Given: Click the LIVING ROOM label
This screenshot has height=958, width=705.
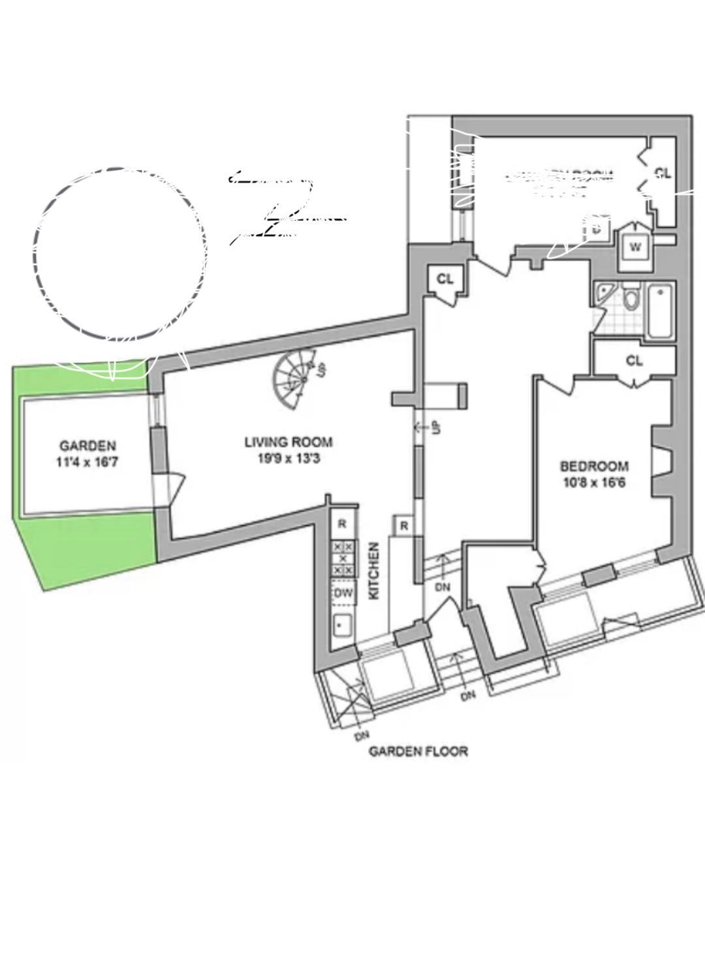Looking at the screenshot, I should (x=288, y=442).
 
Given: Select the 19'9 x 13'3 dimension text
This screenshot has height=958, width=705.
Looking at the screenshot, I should (x=288, y=459).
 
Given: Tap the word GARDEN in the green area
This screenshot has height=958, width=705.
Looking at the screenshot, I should (x=87, y=446).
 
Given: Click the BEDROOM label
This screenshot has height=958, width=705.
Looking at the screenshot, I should (x=594, y=466).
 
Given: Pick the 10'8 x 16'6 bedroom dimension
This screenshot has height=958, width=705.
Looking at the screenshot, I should (x=594, y=483).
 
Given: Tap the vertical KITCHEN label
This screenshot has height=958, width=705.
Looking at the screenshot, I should (x=374, y=571).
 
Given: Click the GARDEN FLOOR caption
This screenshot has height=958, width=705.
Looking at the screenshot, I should (x=418, y=751).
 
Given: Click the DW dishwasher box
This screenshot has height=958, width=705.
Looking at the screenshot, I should (x=343, y=593).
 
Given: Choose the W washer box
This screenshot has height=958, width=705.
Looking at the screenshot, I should (x=635, y=247).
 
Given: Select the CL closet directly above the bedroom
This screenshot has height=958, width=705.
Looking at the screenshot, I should (x=634, y=360).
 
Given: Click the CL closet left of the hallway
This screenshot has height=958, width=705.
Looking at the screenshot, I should (x=445, y=279).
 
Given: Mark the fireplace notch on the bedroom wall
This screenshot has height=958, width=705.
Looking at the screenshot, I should (x=663, y=461).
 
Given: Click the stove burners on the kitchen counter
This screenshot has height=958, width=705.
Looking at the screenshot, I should (x=343, y=559).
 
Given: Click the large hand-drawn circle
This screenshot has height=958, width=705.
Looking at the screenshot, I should (x=121, y=255).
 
